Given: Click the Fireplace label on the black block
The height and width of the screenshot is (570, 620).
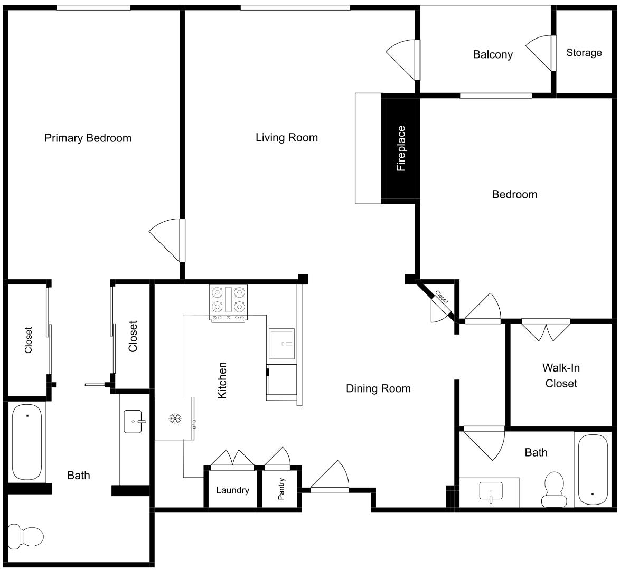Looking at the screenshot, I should tap(401, 148).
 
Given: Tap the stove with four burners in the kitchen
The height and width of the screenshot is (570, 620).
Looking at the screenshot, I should tap(229, 302).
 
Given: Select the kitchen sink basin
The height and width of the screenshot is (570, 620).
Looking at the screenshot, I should tap(281, 344).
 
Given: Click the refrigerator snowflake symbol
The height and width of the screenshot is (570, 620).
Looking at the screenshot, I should tap(174, 419).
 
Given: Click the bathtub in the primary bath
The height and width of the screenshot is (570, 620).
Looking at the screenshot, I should tap(26, 442).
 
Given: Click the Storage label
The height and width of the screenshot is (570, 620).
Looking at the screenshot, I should tap(584, 53).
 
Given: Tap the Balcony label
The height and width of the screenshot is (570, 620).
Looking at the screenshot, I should tap(492, 54).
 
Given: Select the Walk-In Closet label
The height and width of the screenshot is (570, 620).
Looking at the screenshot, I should tap(561, 376).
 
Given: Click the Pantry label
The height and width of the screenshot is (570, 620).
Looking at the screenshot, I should tap(281, 489).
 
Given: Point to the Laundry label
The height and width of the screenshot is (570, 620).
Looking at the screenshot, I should tap(232, 490).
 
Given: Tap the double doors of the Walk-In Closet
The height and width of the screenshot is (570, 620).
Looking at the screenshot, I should tap(546, 329).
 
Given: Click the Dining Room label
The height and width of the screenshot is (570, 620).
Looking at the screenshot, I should tap(378, 389).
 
